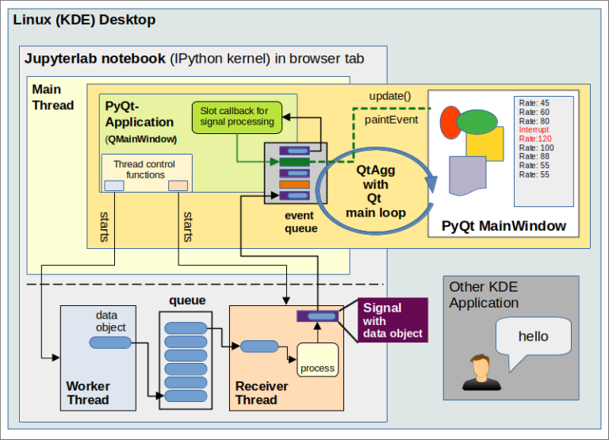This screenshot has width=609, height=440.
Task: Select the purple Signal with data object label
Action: (x=392, y=320)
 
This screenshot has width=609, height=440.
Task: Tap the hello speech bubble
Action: (x=533, y=336)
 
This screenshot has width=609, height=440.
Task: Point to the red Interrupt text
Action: (x=534, y=129)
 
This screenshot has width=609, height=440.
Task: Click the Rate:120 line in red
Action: (x=534, y=139)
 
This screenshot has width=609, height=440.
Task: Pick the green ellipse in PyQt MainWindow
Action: (x=477, y=122)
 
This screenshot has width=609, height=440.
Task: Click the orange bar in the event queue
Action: (x=294, y=184)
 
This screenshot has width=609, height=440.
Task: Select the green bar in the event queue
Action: (x=294, y=162)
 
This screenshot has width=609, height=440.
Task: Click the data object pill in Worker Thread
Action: (x=110, y=342)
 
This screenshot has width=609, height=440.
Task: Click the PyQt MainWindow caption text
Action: (x=503, y=226)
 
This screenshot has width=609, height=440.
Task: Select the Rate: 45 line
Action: (x=534, y=102)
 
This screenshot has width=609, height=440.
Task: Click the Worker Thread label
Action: (x=88, y=392)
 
